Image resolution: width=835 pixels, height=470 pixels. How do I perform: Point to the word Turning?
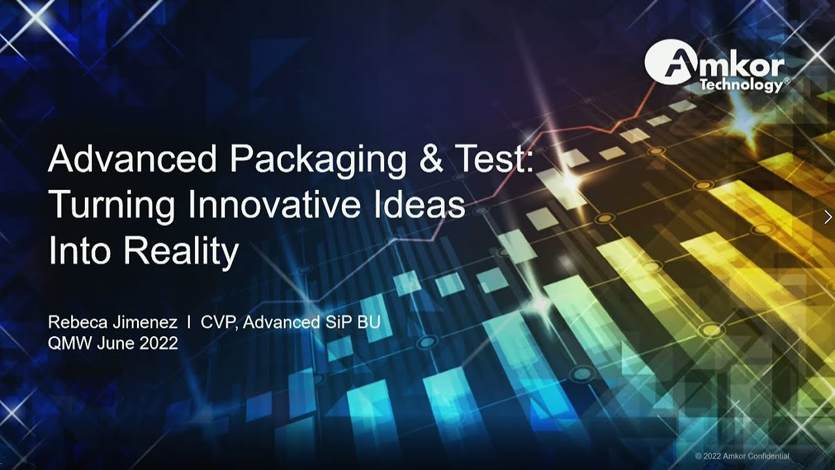click(112, 206)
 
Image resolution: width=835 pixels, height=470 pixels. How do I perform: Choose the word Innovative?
click(274, 205)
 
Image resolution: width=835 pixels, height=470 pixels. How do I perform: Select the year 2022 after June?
click(159, 343)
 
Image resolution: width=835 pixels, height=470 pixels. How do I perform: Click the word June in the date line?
click(116, 343)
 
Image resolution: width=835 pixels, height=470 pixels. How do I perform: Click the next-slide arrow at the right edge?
click(828, 217)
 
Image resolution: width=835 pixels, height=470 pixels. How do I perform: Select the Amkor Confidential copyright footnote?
click(742, 456)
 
